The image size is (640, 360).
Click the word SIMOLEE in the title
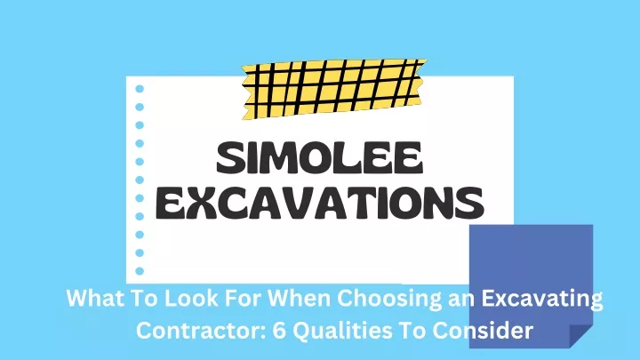(319, 157)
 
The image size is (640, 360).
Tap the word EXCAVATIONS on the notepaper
(320, 203)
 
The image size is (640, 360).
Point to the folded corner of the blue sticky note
(580, 336)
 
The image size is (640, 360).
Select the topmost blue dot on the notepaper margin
(140, 89)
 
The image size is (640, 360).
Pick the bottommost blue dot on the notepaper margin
(140, 271)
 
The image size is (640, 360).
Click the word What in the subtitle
(90, 298)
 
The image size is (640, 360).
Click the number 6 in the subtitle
(279, 330)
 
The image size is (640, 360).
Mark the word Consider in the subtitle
(483, 330)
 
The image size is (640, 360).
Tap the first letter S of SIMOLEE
(231, 157)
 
